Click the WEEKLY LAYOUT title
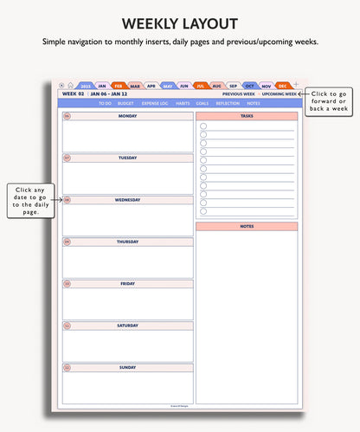[x=179, y=23]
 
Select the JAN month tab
[x=102, y=86]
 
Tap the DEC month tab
[x=282, y=86]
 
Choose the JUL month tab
[x=200, y=86]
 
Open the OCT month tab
[x=249, y=86]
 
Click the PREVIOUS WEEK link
[x=238, y=93]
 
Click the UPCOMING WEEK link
[x=280, y=93]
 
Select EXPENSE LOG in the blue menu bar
[x=155, y=103]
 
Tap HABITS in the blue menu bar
[x=183, y=103]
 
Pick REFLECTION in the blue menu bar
[x=228, y=103]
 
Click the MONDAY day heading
[x=127, y=115]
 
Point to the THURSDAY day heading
[x=127, y=242]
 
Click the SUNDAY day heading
[x=127, y=367]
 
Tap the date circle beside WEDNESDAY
[x=67, y=199]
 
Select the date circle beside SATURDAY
[x=67, y=326]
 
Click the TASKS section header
[x=247, y=115]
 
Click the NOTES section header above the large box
[x=247, y=226]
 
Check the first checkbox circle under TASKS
[x=203, y=126]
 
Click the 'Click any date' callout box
[x=31, y=200]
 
